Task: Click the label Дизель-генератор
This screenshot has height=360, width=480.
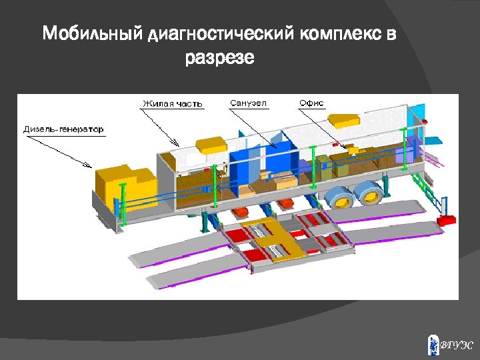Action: (x=63, y=129)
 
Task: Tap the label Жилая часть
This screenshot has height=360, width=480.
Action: (x=172, y=104)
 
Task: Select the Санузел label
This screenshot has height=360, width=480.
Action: (x=248, y=103)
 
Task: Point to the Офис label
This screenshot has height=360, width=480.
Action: (x=311, y=103)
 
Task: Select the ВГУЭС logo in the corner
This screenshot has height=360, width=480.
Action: (x=450, y=345)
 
